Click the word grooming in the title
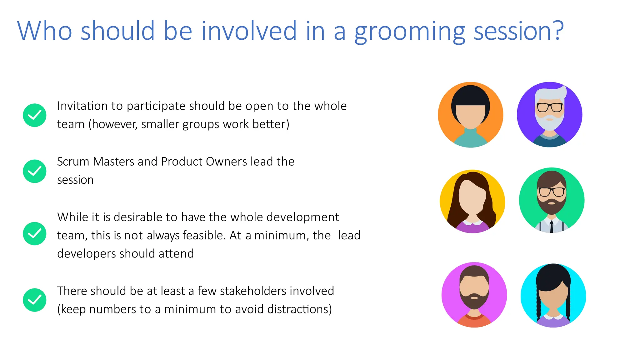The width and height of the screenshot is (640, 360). (x=410, y=31)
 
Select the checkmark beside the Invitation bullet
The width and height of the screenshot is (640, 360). (x=35, y=115)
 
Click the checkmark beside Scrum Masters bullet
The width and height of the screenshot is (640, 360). (x=35, y=171)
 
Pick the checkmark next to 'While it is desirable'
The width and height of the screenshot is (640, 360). (x=35, y=234)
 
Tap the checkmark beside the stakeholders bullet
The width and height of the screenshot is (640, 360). (x=35, y=300)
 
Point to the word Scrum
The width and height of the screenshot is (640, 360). (x=73, y=162)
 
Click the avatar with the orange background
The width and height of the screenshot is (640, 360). (x=471, y=115)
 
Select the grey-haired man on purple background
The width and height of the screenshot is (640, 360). (x=550, y=115)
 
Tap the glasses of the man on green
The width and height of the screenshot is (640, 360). (x=552, y=191)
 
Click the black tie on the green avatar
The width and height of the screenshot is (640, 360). (x=552, y=226)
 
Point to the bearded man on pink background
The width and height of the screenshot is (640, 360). (x=474, y=295)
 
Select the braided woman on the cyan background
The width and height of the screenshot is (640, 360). (x=553, y=295)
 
